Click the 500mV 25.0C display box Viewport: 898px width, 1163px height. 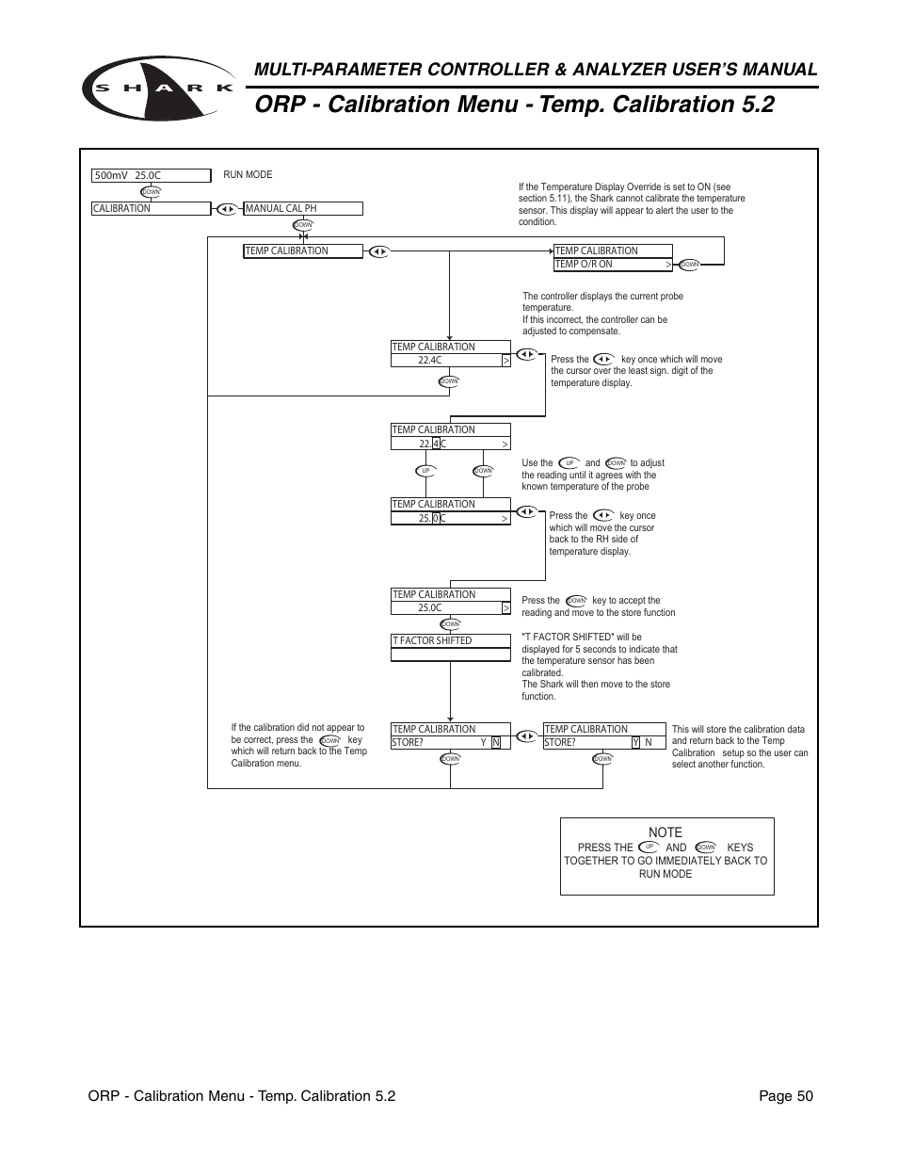[x=151, y=175]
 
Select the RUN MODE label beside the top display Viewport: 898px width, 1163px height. [x=248, y=175]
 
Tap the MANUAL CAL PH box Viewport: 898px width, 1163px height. [x=302, y=209]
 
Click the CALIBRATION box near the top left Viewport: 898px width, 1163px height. [x=151, y=209]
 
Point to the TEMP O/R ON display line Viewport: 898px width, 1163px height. [x=612, y=265]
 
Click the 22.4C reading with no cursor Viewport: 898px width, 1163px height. [x=430, y=361]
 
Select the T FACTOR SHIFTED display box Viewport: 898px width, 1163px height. [x=450, y=641]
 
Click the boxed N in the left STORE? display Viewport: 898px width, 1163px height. [x=496, y=743]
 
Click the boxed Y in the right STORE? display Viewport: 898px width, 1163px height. [x=635, y=743]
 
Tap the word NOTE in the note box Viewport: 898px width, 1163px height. [x=665, y=832]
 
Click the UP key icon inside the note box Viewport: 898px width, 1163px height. [x=649, y=848]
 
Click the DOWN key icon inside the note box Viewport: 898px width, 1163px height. [x=706, y=848]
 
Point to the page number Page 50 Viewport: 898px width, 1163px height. [x=786, y=1096]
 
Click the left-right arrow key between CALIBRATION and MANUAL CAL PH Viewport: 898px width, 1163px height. [x=226, y=209]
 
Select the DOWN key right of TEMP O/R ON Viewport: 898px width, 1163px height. [x=690, y=265]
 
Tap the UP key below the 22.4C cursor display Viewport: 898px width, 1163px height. [x=425, y=471]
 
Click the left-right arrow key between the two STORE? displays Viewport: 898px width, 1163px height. [x=526, y=735]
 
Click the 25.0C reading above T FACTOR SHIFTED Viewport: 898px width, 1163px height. [x=430, y=608]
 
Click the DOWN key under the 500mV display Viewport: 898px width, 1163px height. [x=151, y=192]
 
